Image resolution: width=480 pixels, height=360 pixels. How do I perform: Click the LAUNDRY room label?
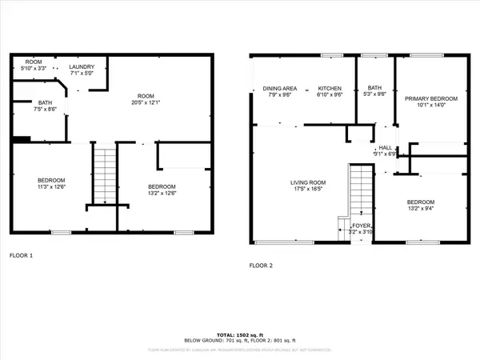coord(82,67)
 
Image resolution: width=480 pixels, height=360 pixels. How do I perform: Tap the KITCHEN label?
coord(330,88)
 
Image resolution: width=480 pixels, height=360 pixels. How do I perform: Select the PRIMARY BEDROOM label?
coord(430,98)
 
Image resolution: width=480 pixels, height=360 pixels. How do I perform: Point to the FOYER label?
coord(362,226)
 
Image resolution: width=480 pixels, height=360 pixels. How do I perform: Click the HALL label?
coord(385,147)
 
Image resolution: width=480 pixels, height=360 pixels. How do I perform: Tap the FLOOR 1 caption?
coord(21,255)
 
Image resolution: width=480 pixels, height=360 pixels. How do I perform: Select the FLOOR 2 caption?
coord(261,265)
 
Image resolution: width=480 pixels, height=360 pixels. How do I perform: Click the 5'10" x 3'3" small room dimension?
coord(34,68)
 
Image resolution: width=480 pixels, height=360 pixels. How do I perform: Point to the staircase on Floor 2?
coord(361,189)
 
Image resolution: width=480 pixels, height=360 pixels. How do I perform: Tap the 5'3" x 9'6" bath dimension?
coord(375,94)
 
